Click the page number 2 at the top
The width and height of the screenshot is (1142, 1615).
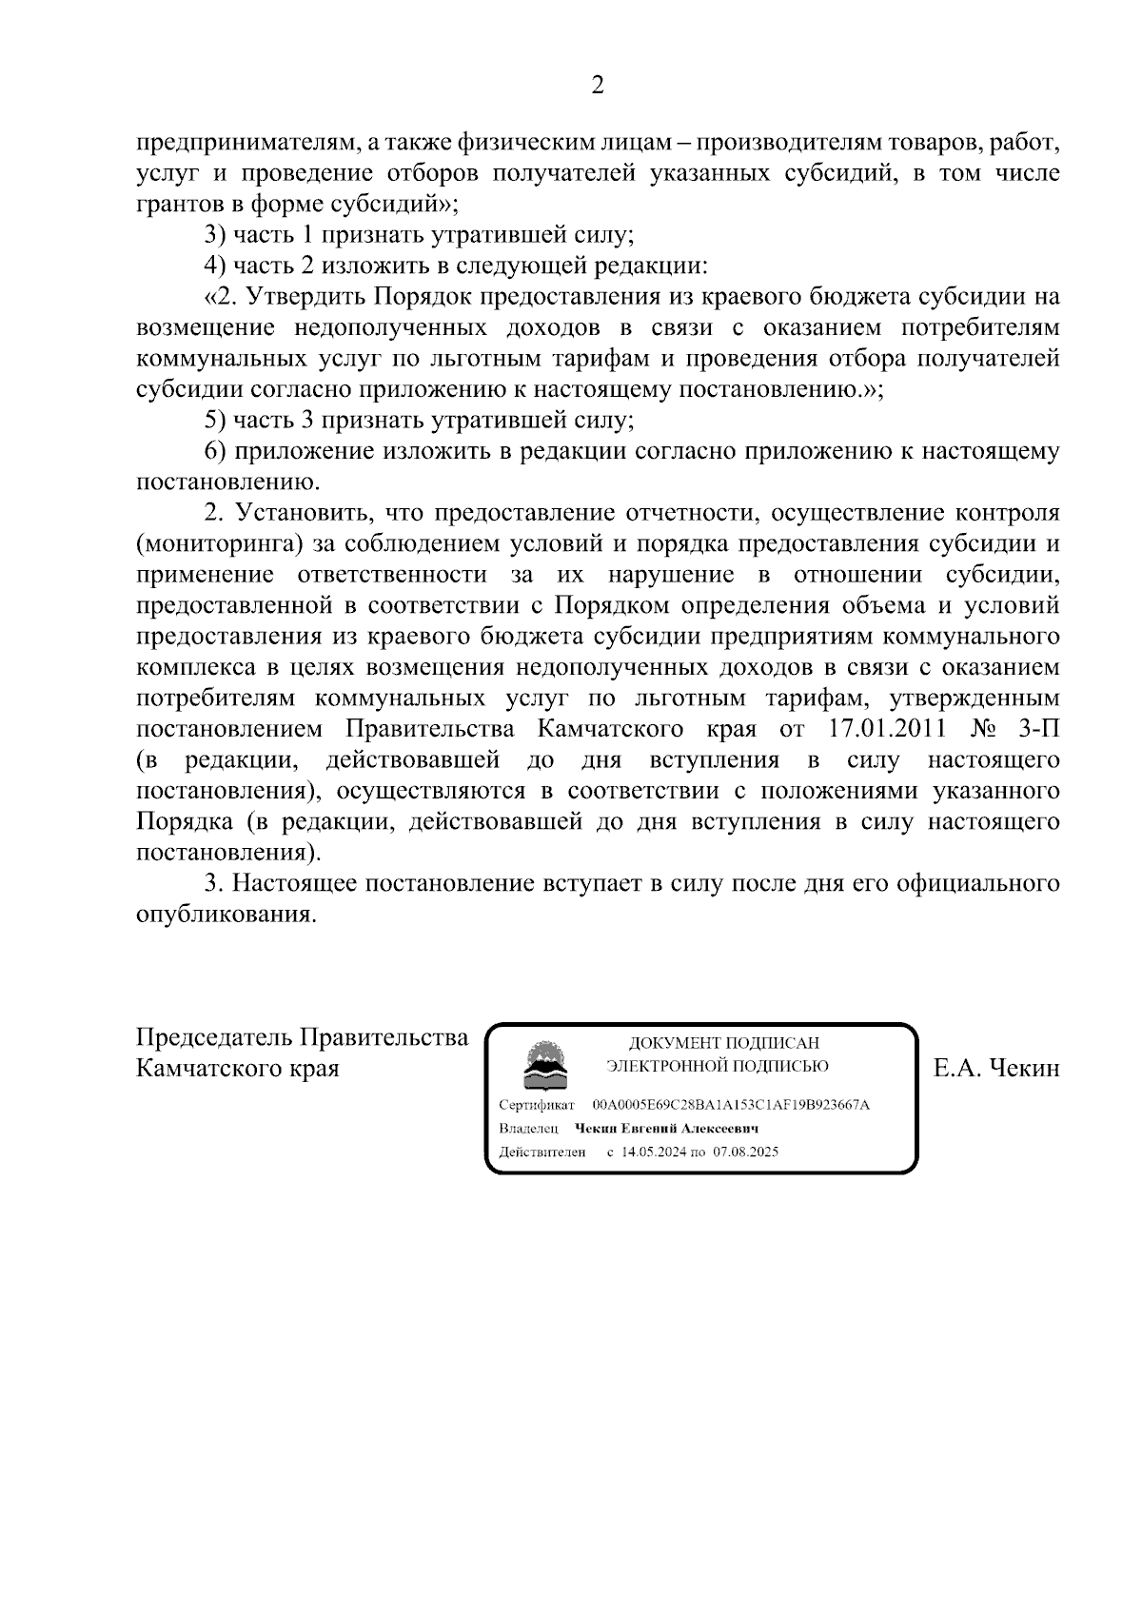tap(598, 87)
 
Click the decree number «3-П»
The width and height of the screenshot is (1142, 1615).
tap(1034, 729)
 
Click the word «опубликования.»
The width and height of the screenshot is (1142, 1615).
tap(226, 915)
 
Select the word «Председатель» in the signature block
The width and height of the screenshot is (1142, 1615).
tap(212, 1036)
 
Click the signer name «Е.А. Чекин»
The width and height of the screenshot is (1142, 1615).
tap(996, 1068)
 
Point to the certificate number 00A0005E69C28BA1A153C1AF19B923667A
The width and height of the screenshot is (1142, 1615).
tap(730, 1105)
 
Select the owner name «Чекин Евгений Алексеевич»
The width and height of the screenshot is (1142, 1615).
tap(666, 1129)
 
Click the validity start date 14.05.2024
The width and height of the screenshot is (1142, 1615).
tap(654, 1152)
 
